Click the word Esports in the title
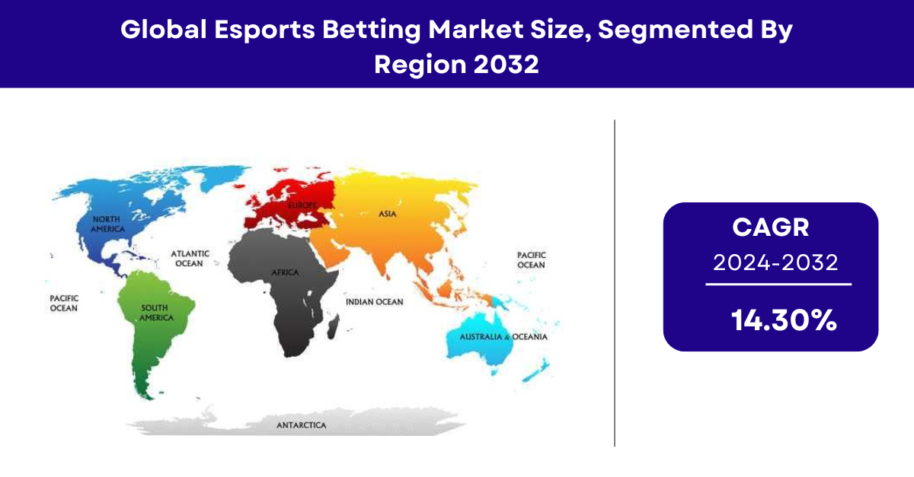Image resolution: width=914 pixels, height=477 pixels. (264, 30)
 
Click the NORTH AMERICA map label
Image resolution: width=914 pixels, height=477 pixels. (107, 224)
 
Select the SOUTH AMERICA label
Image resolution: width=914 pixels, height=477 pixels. (156, 313)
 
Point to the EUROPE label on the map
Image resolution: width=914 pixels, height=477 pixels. (302, 205)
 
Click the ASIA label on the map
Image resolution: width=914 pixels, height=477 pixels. (387, 214)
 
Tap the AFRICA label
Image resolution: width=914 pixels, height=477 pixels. (285, 272)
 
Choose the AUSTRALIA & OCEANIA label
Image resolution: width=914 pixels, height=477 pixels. (503, 337)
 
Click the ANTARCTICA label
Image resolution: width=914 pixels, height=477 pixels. (301, 425)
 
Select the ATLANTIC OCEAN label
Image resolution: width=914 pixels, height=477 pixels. (190, 259)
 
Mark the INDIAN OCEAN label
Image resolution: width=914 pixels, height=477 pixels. (375, 302)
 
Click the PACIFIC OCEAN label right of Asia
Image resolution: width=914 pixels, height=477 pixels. (532, 260)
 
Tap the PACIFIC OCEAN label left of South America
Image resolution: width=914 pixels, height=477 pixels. (64, 304)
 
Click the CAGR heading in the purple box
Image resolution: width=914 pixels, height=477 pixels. (770, 227)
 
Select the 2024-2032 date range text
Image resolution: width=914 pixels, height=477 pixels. (775, 262)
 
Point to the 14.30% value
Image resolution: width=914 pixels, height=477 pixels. (784, 320)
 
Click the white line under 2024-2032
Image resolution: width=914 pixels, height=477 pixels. (778, 285)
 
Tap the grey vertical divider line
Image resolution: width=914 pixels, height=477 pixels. (615, 283)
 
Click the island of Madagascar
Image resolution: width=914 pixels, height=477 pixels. (334, 327)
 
